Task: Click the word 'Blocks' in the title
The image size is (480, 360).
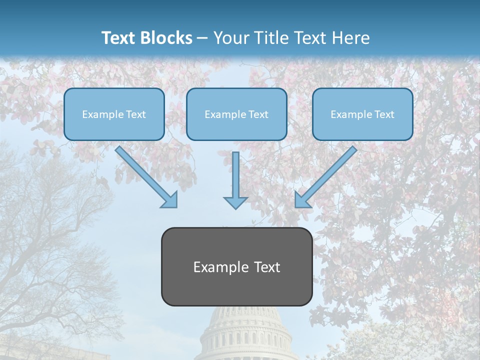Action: pos(167,38)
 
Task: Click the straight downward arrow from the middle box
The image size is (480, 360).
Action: pos(235,175)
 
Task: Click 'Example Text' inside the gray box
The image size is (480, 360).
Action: pos(236,267)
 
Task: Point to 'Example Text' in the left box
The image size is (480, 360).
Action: pos(114,114)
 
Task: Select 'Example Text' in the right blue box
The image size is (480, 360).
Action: pos(362,114)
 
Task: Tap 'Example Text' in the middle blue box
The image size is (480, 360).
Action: pos(236,114)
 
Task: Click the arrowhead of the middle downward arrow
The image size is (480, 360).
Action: pos(235,202)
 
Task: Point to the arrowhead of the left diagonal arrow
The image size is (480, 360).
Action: pos(170,200)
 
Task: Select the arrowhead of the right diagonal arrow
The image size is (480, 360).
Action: pos(301,200)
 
